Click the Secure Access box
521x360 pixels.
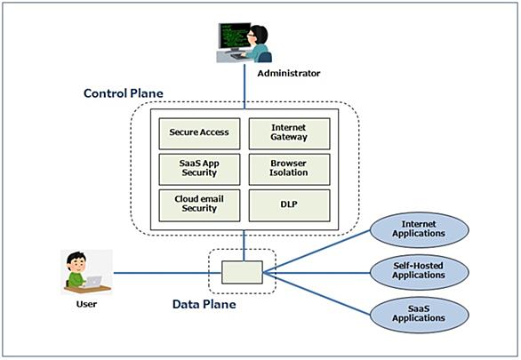pos(199,133)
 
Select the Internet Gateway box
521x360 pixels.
pos(290,133)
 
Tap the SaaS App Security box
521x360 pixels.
pos(199,170)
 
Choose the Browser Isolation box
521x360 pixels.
pos(290,170)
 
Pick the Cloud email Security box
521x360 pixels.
pos(199,205)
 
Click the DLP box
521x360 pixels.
pos(290,205)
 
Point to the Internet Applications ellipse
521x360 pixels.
pos(420,230)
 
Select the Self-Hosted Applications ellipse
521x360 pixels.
pos(420,272)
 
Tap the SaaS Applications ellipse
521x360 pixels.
pos(420,315)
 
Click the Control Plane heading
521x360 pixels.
pos(124,93)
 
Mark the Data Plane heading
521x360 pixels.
pos(204,304)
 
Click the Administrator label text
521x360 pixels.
pos(289,74)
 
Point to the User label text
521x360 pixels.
pos(86,304)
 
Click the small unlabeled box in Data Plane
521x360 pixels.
pos(242,272)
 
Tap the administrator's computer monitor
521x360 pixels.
pos(234,36)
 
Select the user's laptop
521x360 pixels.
pos(93,282)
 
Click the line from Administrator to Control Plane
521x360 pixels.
pos(244,86)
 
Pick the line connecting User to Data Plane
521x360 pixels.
pos(167,273)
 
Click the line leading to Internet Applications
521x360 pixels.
pos(317,251)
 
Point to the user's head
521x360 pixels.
pos(76,261)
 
